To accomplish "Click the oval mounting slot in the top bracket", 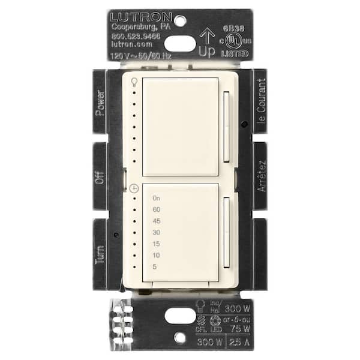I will (179, 43).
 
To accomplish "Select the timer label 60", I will (157, 209).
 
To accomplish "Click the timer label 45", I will (157, 221).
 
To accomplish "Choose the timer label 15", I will (157, 244).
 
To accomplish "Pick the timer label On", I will (157, 198).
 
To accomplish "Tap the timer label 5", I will (155, 266).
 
